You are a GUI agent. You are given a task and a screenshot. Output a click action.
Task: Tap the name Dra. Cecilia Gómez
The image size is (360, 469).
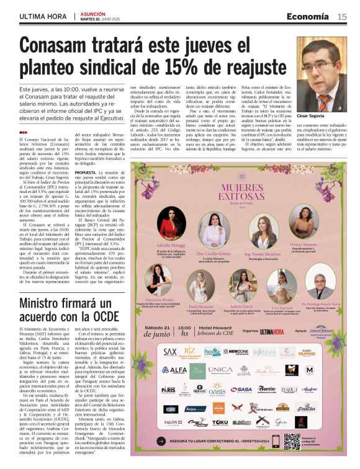(x=210, y=254)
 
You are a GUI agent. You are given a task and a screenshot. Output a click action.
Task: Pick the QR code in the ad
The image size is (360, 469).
(x=292, y=441)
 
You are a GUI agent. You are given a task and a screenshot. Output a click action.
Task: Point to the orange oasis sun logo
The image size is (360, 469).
(x=217, y=388)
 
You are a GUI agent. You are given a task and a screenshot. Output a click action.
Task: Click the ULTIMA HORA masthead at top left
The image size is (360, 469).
(x=40, y=17)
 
